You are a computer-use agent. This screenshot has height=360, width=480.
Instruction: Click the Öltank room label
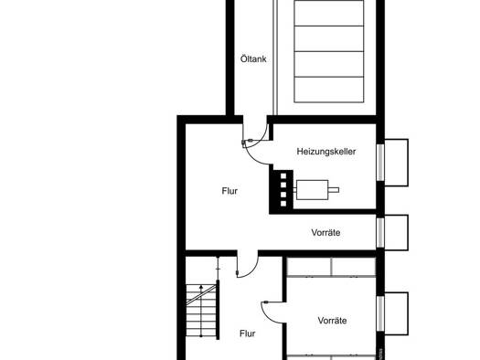(253, 58)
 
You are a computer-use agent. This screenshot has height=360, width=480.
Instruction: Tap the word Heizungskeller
(326, 152)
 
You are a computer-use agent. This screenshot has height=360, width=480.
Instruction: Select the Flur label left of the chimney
(229, 191)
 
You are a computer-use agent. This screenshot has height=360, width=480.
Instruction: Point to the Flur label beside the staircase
(248, 334)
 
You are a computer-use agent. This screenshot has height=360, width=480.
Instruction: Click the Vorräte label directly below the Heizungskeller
(325, 232)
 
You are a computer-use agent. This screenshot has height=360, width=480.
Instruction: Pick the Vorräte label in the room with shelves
(332, 321)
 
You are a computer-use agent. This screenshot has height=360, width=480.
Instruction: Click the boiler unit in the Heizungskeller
(313, 190)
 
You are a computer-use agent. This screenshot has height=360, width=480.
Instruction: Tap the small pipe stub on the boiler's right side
(334, 190)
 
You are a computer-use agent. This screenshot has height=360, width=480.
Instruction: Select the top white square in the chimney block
(283, 176)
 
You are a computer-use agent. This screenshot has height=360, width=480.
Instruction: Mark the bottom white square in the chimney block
(283, 204)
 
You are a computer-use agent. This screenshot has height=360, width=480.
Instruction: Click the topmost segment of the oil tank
(329, 13)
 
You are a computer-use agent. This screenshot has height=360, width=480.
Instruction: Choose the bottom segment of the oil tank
(329, 90)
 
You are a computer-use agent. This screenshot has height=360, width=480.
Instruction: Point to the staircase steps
(201, 311)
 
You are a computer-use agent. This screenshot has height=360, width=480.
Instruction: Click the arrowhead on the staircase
(201, 287)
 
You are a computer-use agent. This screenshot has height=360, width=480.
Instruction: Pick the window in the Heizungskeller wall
(380, 163)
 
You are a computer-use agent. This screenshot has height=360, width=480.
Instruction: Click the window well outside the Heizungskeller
(396, 163)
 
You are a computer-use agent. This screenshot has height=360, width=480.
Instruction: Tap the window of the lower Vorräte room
(380, 313)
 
